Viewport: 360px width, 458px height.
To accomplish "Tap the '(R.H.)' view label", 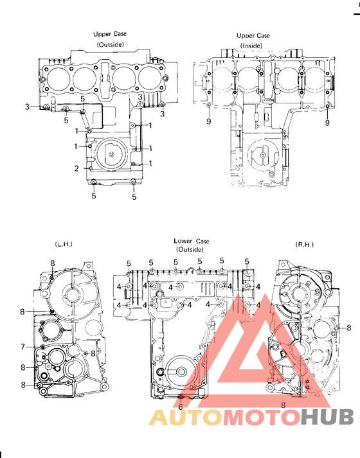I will point(304,245).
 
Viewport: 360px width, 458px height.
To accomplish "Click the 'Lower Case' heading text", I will point(191,241).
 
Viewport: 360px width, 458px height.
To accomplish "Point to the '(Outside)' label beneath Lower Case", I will point(190,249).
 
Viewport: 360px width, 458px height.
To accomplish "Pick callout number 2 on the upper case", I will point(76,168).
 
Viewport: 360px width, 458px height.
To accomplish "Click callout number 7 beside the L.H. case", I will point(22,347).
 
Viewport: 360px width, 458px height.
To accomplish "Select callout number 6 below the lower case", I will point(181,407).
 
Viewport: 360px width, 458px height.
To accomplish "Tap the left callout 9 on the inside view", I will point(209,121).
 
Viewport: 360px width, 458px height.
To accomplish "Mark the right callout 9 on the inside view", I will point(327,121).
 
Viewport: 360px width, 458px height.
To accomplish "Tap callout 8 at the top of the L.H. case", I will point(53,263).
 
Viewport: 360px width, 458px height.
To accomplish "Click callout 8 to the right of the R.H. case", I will point(349,328).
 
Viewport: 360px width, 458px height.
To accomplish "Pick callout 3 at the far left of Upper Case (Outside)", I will point(28,106).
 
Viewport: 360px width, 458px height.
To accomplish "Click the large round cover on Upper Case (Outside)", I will point(112,154).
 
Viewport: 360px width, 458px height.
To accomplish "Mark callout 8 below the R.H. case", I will point(283,405).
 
